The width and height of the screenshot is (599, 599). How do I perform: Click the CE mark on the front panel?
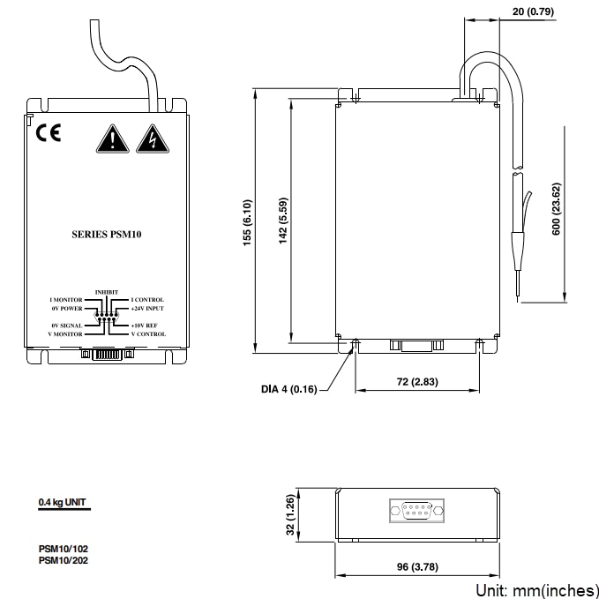(49, 134)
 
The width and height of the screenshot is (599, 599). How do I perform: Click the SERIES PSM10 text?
(106, 235)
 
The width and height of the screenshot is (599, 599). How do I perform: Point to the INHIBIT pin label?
(106, 292)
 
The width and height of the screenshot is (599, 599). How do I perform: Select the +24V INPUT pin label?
(147, 310)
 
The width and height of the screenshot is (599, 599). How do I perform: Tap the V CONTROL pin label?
(147, 334)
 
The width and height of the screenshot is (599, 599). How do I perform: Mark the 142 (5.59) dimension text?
(283, 221)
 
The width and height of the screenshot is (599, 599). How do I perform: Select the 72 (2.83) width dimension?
(418, 382)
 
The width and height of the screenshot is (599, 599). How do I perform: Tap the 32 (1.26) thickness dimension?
(288, 517)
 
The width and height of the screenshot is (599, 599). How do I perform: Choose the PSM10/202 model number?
(63, 559)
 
